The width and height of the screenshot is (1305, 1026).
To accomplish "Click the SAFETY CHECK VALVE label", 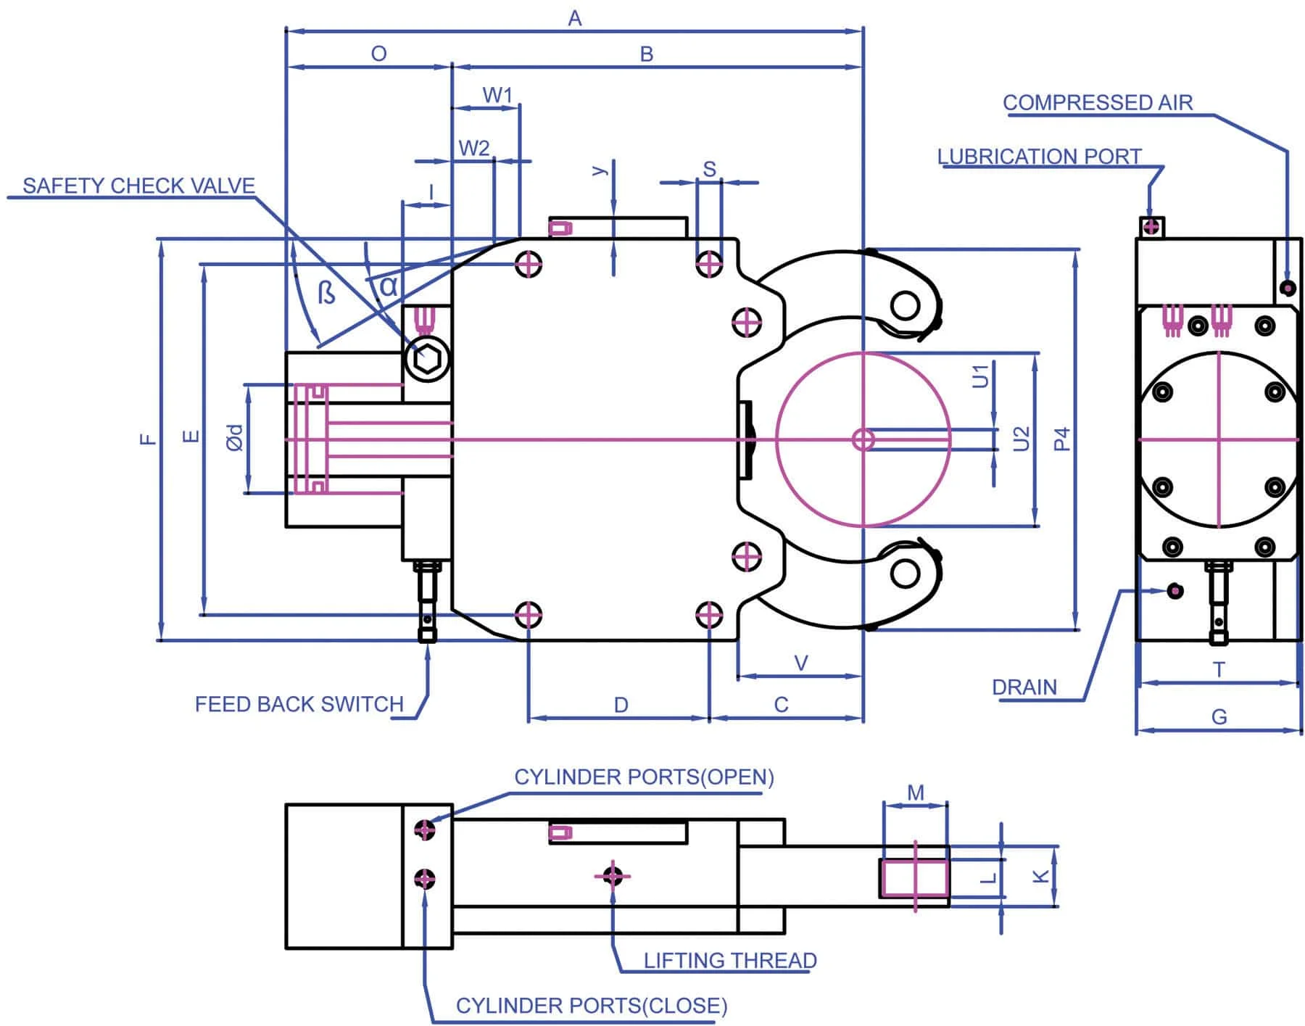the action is click(138, 186).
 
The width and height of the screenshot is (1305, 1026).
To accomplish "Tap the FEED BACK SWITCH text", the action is click(299, 704).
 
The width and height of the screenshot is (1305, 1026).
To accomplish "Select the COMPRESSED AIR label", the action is click(1098, 103).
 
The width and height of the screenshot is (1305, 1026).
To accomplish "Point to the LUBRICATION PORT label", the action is click(1039, 157).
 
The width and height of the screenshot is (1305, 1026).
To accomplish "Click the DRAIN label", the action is click(1024, 687).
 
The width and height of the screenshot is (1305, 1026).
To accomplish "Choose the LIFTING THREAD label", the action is click(730, 961).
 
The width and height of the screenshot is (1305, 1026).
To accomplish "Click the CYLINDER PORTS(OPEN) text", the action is click(644, 777).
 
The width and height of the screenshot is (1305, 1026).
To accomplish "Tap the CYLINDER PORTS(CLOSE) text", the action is click(592, 1006).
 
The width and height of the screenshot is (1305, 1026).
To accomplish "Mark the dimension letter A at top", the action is click(574, 18).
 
